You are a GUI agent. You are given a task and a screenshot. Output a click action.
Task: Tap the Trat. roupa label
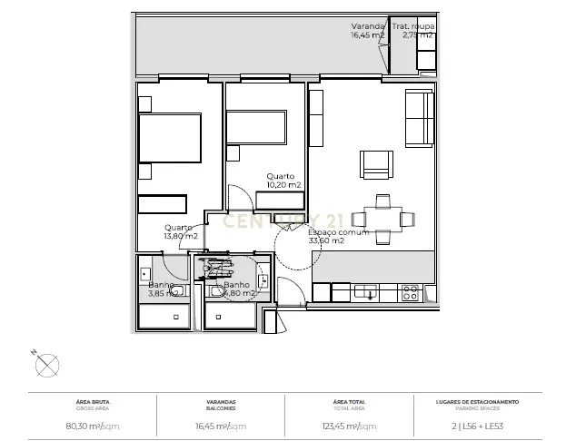tap(413, 26)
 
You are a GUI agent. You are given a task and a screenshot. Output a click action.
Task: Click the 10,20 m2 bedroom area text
tap(283, 184)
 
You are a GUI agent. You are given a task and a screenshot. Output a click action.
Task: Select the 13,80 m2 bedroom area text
tap(181, 236)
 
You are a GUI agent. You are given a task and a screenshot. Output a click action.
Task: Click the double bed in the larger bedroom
tap(169, 138)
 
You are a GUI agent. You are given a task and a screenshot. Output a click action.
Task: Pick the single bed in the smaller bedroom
tap(255, 129)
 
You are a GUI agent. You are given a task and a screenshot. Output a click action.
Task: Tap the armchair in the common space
tap(376, 165)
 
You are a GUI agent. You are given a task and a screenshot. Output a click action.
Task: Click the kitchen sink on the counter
tap(366, 291)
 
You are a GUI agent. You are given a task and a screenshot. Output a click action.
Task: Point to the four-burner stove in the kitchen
tap(410, 291)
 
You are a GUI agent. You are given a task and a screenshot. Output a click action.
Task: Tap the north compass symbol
tap(45, 365)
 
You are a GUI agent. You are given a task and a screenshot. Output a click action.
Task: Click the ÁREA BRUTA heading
tap(94, 401)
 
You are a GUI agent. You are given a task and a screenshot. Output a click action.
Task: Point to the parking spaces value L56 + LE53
tap(477, 426)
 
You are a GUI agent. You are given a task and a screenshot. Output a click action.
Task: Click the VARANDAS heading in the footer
tap(222, 401)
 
